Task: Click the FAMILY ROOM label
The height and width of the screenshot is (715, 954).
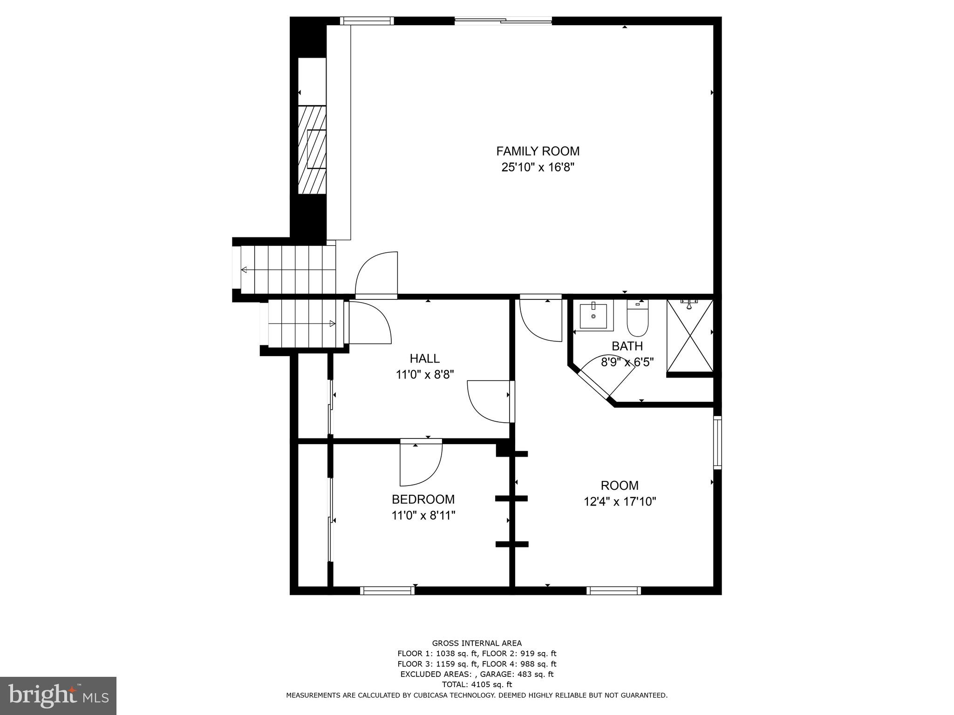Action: point(538,151)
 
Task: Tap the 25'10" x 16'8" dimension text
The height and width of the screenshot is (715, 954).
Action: point(538,168)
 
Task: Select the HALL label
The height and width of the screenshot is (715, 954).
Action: point(424,358)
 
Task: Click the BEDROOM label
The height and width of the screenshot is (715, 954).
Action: point(423,499)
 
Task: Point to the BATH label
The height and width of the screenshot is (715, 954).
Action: point(627,346)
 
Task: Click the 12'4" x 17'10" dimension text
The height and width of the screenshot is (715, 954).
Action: point(620,502)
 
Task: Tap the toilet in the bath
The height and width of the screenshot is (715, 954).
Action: point(637,319)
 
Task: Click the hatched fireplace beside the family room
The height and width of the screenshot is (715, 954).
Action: point(312,149)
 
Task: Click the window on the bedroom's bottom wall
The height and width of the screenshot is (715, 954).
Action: point(387,591)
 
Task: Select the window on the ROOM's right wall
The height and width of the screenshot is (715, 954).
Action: point(717,442)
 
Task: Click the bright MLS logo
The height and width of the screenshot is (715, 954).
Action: point(58,695)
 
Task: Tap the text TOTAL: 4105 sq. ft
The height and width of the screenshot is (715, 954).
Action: point(477,684)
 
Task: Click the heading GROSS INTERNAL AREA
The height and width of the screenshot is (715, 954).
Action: point(477,643)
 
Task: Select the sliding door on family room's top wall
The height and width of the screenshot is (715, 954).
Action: point(503,20)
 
